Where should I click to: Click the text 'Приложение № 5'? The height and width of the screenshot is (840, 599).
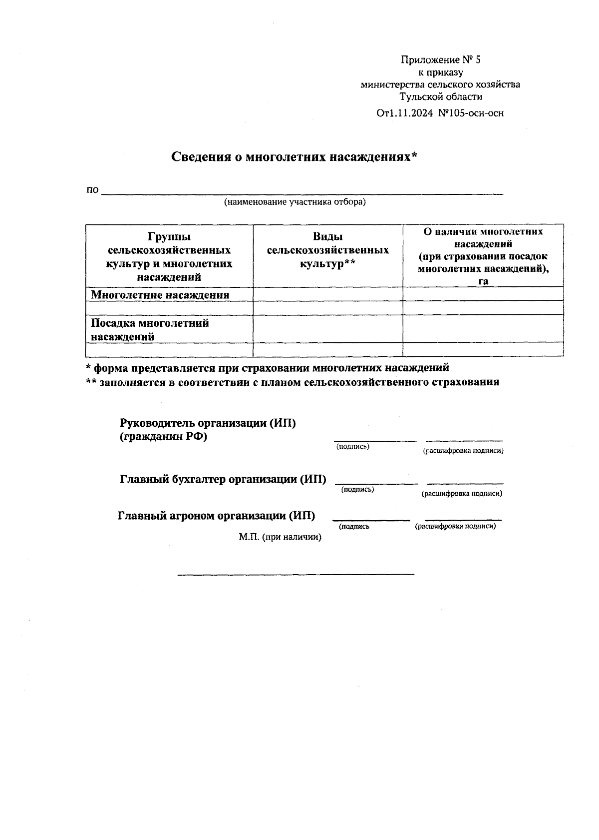(x=440, y=60)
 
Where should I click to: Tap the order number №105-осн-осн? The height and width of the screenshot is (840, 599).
(x=470, y=113)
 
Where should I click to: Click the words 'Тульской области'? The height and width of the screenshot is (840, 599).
(x=440, y=97)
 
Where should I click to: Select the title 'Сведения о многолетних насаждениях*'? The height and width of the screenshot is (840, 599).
(x=294, y=157)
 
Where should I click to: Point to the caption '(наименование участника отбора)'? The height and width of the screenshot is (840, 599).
(x=295, y=202)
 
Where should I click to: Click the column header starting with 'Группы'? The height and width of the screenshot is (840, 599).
(x=169, y=256)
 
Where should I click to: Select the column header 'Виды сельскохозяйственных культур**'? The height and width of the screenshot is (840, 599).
(x=327, y=250)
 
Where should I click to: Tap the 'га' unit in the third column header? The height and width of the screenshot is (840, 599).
(x=483, y=281)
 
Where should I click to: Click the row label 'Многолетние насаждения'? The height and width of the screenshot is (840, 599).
(x=160, y=295)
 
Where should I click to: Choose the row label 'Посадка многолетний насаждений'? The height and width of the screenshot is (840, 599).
(x=149, y=330)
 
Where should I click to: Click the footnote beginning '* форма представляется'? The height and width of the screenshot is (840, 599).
(x=268, y=368)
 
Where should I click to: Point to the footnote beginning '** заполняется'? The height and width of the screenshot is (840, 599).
(x=292, y=383)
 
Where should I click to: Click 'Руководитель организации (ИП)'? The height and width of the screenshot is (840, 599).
(x=208, y=423)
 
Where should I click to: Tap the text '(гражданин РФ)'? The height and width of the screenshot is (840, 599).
(x=163, y=437)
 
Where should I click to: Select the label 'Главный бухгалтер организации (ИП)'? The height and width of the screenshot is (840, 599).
(x=223, y=480)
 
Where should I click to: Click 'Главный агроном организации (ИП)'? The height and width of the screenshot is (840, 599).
(x=216, y=516)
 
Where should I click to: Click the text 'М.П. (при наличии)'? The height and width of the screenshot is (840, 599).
(x=280, y=537)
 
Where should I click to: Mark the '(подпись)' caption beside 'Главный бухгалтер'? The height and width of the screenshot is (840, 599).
(x=357, y=490)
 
